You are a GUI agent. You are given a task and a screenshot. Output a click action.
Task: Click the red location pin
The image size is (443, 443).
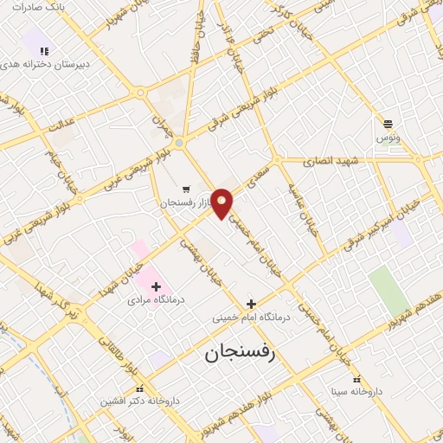pyautogui.click(x=222, y=203)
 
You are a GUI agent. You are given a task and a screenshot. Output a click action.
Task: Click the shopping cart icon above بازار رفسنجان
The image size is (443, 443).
pyautogui.click(x=187, y=189)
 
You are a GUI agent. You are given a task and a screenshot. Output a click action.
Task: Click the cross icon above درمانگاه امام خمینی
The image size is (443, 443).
pyautogui.click(x=251, y=304)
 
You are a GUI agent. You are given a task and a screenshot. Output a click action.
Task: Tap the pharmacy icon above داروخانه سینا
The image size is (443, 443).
pyautogui.click(x=356, y=380)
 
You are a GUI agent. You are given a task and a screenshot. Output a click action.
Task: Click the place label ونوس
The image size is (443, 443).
pyautogui.click(x=387, y=138)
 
